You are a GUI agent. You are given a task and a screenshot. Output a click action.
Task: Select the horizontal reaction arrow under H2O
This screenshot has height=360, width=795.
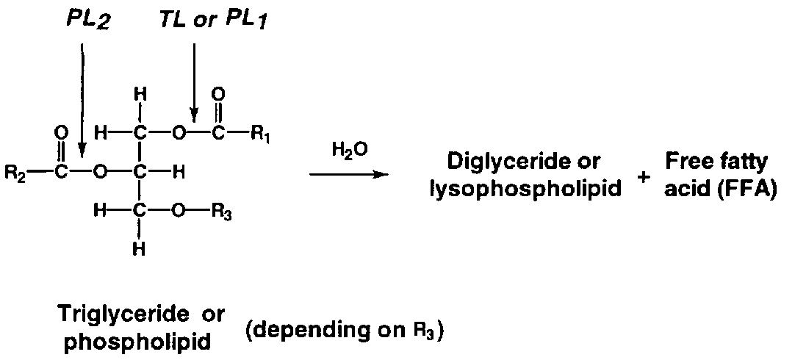point(349,174)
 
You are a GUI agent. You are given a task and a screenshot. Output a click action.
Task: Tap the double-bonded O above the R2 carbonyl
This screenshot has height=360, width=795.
point(61,132)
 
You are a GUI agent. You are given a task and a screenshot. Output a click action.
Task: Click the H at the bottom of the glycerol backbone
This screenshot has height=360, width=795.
point(143,249)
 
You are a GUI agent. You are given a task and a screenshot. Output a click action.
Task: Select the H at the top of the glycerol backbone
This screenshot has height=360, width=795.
point(143,94)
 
